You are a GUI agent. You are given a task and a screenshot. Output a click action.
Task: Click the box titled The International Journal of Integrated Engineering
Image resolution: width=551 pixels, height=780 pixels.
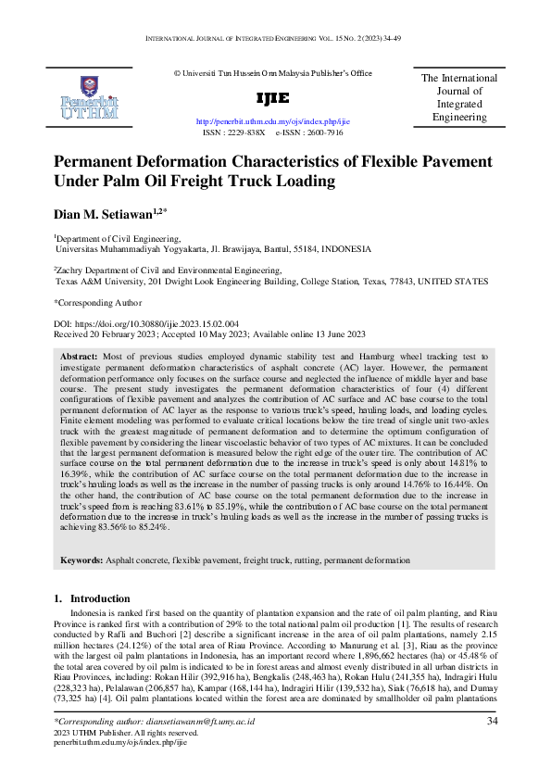(459, 98)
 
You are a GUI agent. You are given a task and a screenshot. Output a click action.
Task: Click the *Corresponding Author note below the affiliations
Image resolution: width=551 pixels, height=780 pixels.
(98, 302)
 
